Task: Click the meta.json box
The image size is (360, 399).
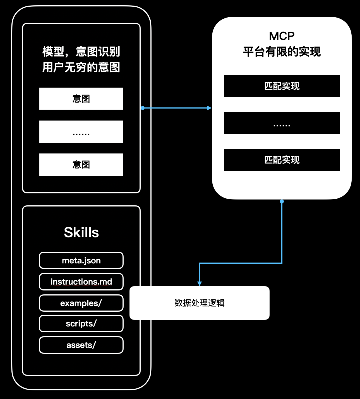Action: click(x=81, y=260)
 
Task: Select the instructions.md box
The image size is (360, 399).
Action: click(x=81, y=282)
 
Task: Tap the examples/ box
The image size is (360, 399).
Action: click(x=81, y=303)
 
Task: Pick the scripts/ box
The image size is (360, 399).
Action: click(x=81, y=324)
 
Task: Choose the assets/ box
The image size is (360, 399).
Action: click(x=81, y=345)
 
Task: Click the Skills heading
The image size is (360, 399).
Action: click(x=81, y=232)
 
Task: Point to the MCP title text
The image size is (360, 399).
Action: click(x=282, y=36)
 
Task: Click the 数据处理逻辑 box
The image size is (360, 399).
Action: click(x=199, y=303)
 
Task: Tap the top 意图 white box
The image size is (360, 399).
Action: click(x=81, y=99)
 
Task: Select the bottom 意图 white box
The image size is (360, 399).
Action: click(x=81, y=164)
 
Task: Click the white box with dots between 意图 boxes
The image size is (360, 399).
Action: click(x=81, y=132)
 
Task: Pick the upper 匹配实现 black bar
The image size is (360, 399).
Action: click(x=282, y=86)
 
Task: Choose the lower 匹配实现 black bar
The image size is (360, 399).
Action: click(x=282, y=160)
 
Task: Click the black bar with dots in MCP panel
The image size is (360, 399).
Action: click(x=282, y=123)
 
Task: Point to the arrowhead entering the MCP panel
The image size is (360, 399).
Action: click(x=209, y=108)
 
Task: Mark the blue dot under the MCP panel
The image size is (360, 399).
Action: click(x=282, y=201)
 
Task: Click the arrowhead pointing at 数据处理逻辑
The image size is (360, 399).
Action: click(x=199, y=283)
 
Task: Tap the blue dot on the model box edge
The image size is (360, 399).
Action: click(x=142, y=108)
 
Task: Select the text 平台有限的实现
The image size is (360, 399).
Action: click(x=282, y=52)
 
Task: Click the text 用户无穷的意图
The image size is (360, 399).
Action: click(x=81, y=67)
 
